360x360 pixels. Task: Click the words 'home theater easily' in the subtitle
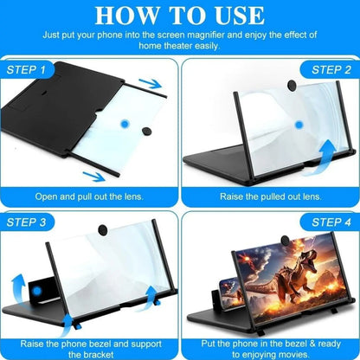click(x=180, y=46)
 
